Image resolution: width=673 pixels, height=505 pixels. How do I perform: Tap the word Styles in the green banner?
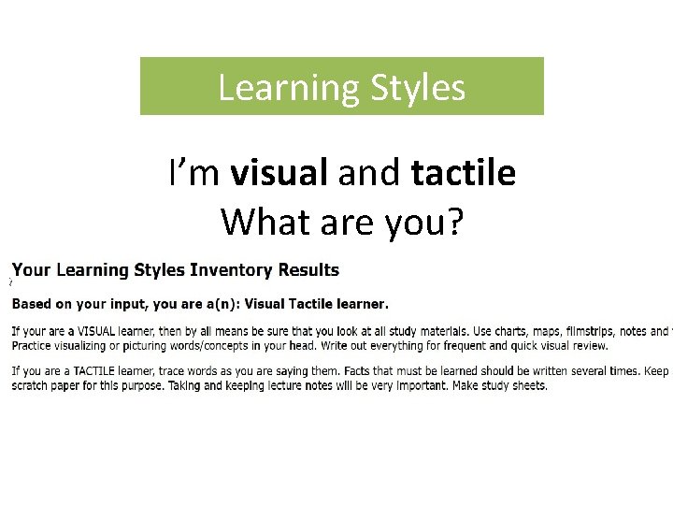point(418,88)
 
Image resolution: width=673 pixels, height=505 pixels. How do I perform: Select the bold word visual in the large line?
point(279,173)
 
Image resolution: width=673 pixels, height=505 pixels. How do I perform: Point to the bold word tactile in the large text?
point(463,173)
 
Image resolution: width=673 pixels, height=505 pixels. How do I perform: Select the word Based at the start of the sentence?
point(32,304)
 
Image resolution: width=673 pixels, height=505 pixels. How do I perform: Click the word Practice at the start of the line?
point(34,345)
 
